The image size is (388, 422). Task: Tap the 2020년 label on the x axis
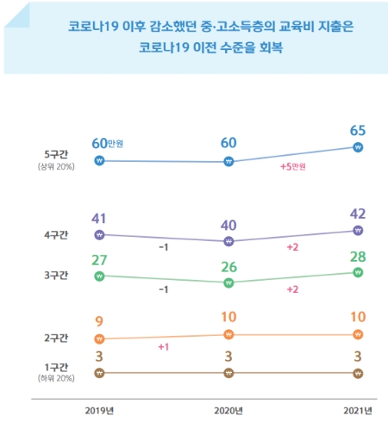click(228, 409)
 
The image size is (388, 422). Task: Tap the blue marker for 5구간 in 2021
click(358, 147)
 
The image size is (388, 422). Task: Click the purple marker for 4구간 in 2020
click(228, 242)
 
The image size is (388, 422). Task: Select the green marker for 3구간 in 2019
click(99, 276)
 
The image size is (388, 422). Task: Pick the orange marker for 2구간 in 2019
click(99, 338)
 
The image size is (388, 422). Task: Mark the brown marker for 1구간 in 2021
click(358, 373)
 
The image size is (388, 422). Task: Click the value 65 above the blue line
click(358, 130)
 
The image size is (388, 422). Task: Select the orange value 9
click(99, 321)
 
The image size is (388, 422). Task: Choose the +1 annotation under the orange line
click(162, 346)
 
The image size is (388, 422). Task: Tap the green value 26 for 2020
click(228, 264)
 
